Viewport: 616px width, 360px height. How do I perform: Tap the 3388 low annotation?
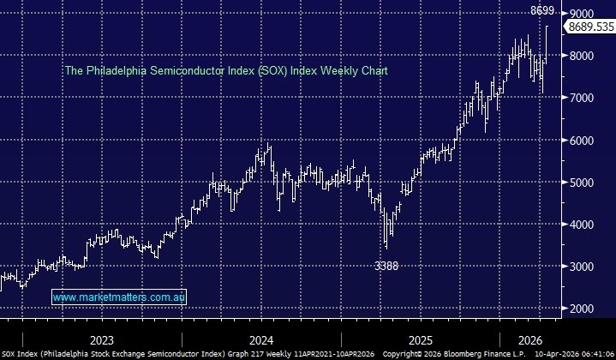click(x=386, y=267)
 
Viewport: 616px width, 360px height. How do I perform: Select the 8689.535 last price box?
click(x=589, y=27)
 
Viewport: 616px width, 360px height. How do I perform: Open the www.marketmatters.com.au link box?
click(x=119, y=297)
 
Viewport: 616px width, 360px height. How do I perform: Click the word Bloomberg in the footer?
click(x=463, y=353)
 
